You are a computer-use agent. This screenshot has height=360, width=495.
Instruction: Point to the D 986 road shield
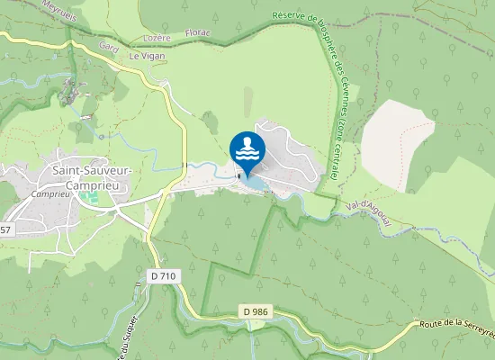click(256, 311)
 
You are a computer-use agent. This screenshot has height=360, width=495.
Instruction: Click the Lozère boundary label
click(157, 39)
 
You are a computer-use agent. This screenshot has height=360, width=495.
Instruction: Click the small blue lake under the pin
click(253, 184)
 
